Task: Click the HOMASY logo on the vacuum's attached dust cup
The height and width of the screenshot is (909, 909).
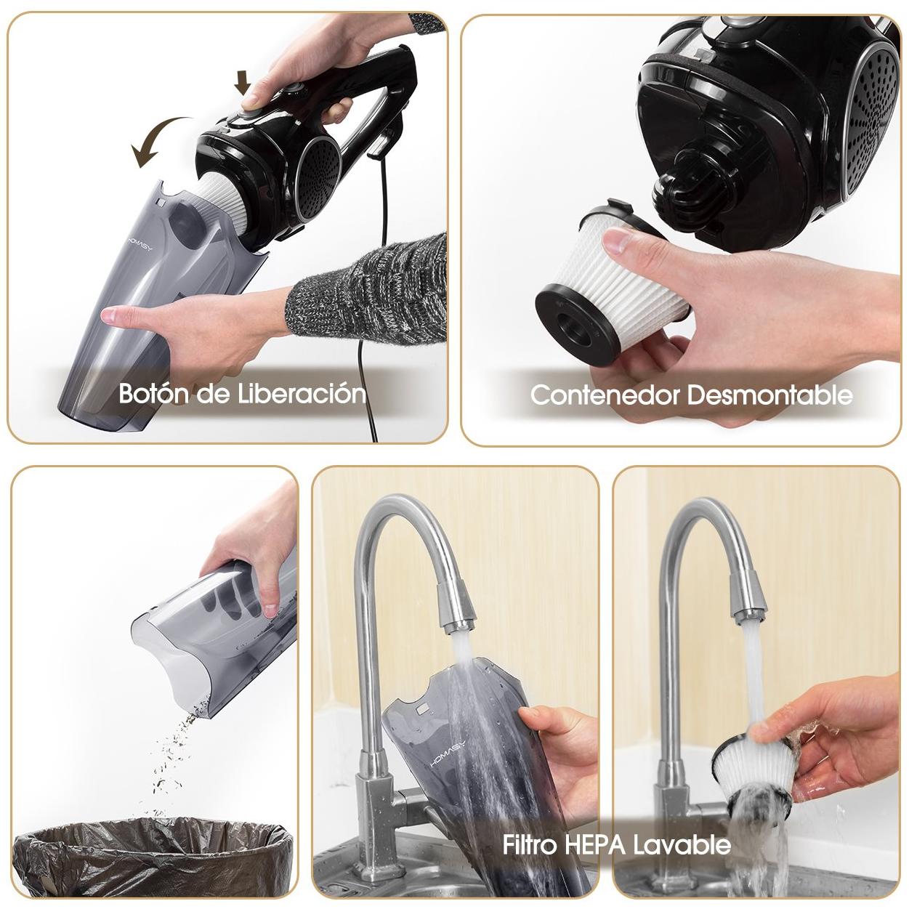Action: tap(140, 241)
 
